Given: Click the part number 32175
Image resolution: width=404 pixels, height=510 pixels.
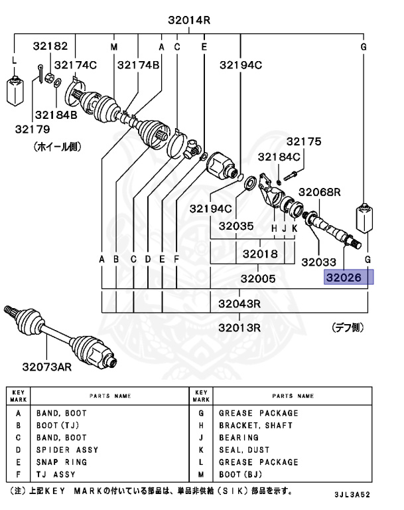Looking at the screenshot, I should [x=303, y=141].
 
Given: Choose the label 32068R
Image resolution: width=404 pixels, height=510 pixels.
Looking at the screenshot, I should [x=319, y=192].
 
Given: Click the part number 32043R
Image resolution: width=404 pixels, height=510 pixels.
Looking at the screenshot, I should [x=239, y=305].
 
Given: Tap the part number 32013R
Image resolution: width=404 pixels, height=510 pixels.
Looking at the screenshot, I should [x=239, y=327].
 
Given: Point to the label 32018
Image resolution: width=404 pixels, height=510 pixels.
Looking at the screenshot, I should [x=259, y=253].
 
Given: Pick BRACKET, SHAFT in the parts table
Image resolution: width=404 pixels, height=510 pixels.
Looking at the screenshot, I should [x=255, y=425].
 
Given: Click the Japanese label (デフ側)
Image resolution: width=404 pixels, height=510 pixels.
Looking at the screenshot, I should [x=349, y=328].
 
